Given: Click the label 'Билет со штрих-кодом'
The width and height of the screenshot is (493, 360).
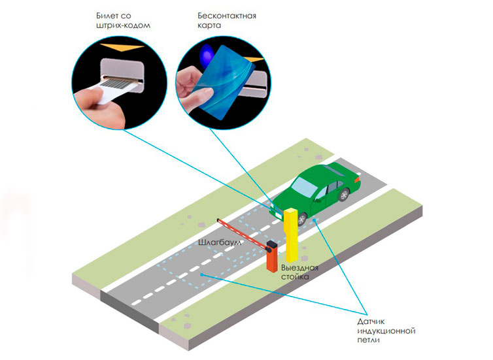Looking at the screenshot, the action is (123, 20).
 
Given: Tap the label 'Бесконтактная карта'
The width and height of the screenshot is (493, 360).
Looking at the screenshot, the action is (227, 20).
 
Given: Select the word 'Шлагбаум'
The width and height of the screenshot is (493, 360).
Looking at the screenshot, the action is (220, 242).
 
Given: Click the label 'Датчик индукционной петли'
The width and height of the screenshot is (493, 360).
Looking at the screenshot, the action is (386, 331).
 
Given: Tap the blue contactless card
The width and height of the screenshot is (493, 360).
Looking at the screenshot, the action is (225, 82).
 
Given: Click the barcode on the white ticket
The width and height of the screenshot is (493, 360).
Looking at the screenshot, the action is (118, 84).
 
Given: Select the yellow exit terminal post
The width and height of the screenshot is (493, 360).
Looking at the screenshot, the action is (291, 235).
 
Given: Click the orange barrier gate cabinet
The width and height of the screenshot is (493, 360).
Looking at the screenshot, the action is (272, 256).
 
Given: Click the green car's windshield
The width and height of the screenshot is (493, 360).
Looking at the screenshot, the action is (304, 187).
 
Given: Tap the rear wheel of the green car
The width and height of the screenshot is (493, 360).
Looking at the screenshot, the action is (344, 195).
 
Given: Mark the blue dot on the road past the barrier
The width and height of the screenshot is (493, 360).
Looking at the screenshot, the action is (202, 274).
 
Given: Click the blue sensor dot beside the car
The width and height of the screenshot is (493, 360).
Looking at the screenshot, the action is (314, 221).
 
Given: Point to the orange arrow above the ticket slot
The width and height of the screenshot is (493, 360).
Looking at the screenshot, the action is (122, 48).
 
